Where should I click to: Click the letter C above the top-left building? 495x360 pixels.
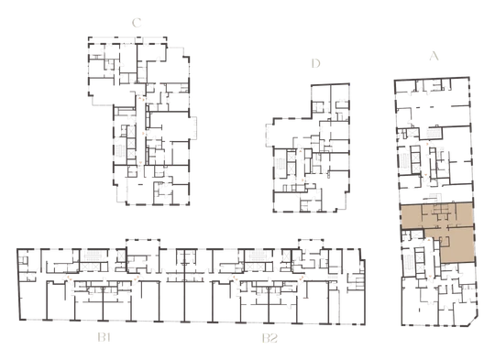tap(137, 23)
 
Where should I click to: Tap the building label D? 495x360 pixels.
tap(315, 63)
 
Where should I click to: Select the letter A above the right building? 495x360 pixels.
tap(434, 56)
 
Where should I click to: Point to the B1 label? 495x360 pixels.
tap(104, 338)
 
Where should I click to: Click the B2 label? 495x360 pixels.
tap(269, 338)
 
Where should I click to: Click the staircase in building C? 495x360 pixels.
tap(120, 153)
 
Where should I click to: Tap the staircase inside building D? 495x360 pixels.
tap(280, 164)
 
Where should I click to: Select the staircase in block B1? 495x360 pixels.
tap(94, 256)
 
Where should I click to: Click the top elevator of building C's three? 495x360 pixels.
tap(131, 131)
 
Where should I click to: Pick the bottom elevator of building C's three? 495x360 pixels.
tap(131, 153)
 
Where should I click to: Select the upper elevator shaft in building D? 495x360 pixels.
tap(291, 157)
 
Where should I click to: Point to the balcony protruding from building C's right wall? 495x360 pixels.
tap(192, 127)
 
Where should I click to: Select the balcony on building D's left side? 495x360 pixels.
tap(269, 136)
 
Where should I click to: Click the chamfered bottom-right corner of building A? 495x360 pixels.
tap(473, 322)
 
